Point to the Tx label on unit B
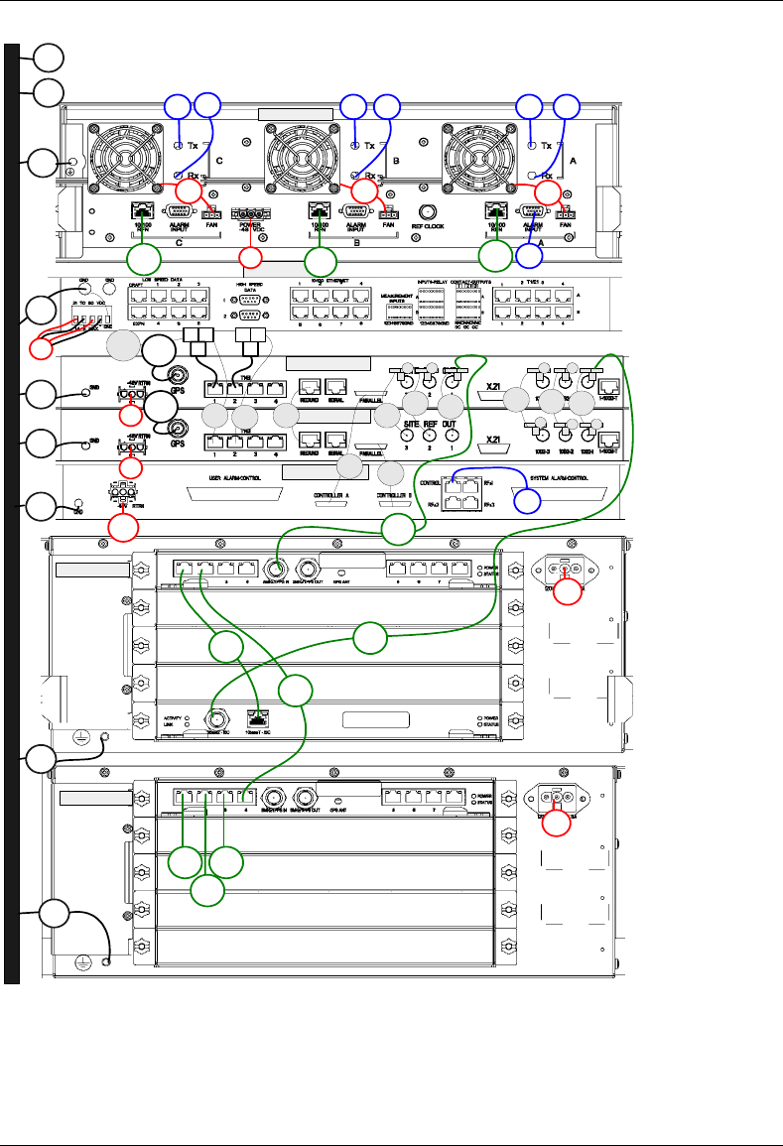tap(370, 146)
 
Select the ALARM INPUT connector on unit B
tap(357, 211)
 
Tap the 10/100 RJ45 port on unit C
tap(140, 210)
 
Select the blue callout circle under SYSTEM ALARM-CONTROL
tap(528, 500)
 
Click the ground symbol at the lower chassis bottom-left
tap(104, 961)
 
